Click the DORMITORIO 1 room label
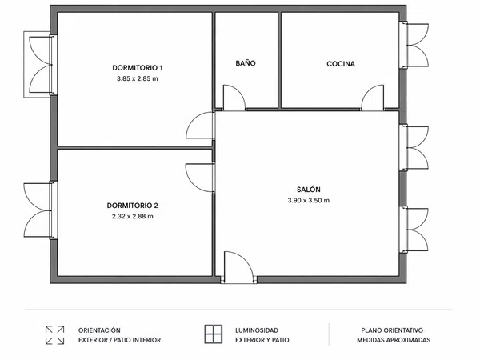click(138, 68)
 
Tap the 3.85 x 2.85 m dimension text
click(138, 78)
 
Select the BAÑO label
click(246, 63)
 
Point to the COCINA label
click(341, 64)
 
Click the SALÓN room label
click(309, 189)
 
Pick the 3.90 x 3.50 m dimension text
click(309, 201)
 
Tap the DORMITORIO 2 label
click(133, 206)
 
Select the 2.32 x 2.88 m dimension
click(133, 217)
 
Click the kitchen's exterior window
click(414, 45)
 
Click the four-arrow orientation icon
click(54, 335)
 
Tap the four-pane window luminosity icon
click(214, 334)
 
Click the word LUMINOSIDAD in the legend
click(257, 330)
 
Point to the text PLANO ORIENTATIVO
click(392, 330)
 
